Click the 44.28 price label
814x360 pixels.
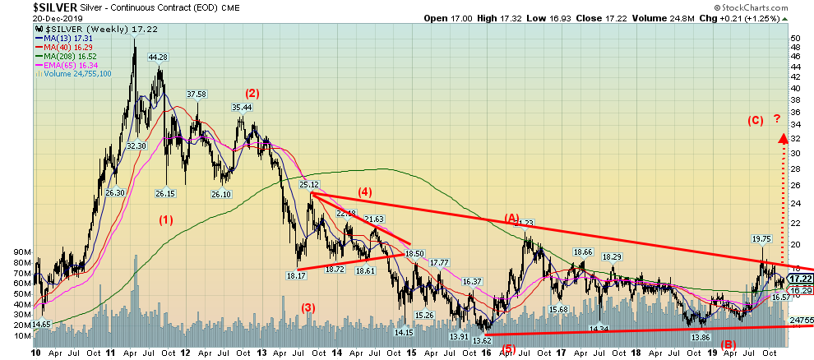pyautogui.click(x=157, y=58)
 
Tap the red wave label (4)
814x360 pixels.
pyautogui.click(x=363, y=192)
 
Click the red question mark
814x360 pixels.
pyautogui.click(x=778, y=120)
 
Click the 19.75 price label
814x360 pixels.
pyautogui.click(x=762, y=239)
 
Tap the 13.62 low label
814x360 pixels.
pyautogui.click(x=482, y=339)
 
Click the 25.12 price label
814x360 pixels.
pyautogui.click(x=308, y=185)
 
